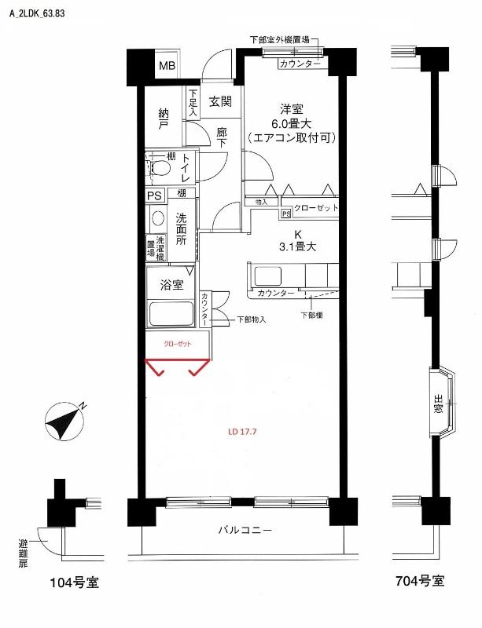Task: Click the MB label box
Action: pos(167,65)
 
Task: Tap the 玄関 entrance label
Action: pos(220,101)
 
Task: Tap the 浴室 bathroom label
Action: pos(171,285)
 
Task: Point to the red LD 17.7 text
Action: pos(242,431)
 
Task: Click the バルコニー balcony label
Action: pos(245,531)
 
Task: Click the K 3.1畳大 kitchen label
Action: pos(298,240)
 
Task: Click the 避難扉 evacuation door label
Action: pos(23,553)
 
